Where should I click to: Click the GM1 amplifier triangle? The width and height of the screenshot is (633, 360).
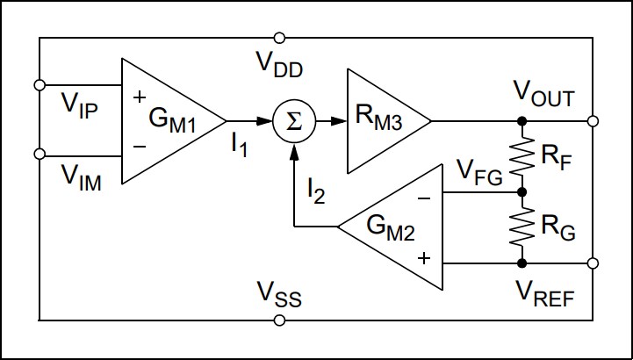(167, 121)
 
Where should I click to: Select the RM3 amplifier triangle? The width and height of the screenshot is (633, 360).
(383, 121)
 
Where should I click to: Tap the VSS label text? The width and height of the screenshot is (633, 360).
(279, 294)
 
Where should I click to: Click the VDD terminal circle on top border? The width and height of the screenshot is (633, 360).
(279, 38)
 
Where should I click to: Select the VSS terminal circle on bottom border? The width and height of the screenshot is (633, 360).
(279, 320)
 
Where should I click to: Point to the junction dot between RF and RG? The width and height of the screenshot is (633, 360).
(522, 191)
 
